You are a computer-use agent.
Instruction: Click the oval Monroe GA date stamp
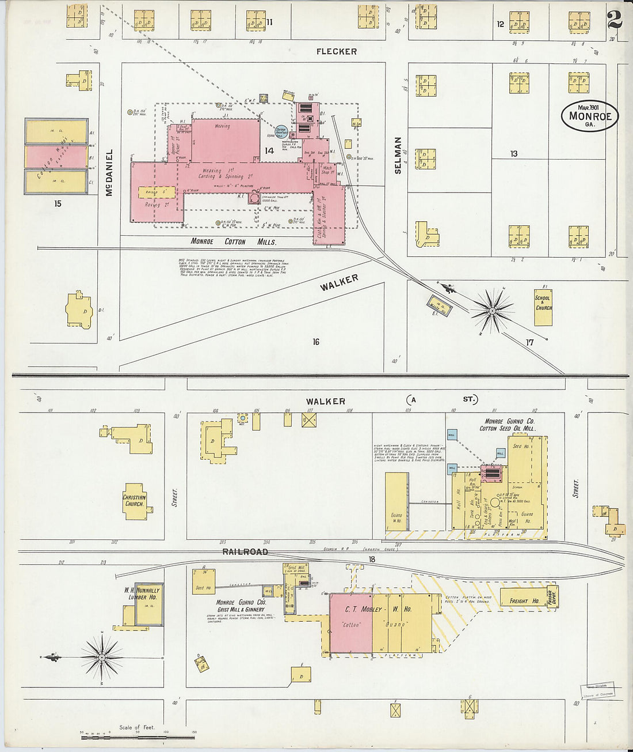pos(590,116)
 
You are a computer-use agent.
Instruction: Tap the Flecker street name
pos(337,51)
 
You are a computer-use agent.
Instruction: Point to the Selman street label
pos(398,155)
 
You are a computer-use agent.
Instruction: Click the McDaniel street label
pos(109,172)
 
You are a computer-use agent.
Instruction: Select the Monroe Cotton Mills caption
pos(233,242)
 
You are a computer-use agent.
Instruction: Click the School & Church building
pos(543,307)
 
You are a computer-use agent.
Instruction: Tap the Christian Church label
pos(134,500)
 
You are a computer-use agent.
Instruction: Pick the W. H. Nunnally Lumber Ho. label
pos(142,594)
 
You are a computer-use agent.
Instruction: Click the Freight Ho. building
pos(525,601)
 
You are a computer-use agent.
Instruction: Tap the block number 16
pos(315,342)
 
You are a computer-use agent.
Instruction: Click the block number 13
pos(513,153)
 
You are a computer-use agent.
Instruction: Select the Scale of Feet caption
pos(137,727)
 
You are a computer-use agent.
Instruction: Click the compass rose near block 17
pos(492,311)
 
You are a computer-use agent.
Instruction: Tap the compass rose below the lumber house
pos(102,657)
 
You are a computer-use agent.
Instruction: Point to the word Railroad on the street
pos(246,551)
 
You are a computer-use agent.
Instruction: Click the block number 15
pos(57,203)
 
